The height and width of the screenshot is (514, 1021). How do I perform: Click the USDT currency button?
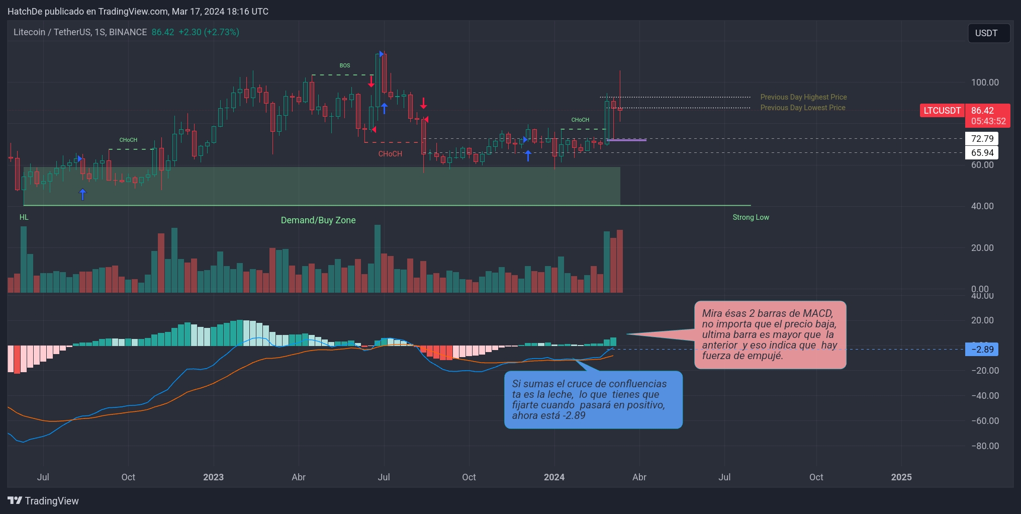point(988,33)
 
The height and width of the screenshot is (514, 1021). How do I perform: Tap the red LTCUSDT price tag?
point(942,111)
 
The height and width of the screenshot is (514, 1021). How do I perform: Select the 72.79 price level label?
point(982,139)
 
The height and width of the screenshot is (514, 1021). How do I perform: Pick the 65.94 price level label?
point(982,153)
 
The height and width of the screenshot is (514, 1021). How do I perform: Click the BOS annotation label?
point(344,66)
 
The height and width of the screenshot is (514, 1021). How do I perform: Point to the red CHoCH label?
point(390,154)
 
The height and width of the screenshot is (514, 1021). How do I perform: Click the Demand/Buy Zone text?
point(318,220)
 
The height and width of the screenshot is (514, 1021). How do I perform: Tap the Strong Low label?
point(751,217)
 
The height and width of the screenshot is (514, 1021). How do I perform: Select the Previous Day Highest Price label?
point(803,97)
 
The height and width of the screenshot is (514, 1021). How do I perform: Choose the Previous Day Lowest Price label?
point(802,108)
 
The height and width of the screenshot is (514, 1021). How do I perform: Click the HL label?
point(24,217)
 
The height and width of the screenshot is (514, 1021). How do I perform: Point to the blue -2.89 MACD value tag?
point(982,350)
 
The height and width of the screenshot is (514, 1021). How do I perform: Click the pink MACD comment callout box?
point(770,334)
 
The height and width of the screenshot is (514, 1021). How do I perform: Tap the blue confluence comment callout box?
point(593,400)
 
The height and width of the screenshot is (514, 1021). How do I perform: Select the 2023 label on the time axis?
point(213,477)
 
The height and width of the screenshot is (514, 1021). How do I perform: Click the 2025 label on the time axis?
point(901,477)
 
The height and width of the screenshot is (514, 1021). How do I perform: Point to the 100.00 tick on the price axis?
point(985,82)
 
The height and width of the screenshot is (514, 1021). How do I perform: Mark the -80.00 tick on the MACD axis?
point(985,446)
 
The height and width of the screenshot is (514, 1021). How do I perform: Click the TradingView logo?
point(43,501)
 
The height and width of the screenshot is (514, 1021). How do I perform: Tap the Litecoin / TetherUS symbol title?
point(80,32)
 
